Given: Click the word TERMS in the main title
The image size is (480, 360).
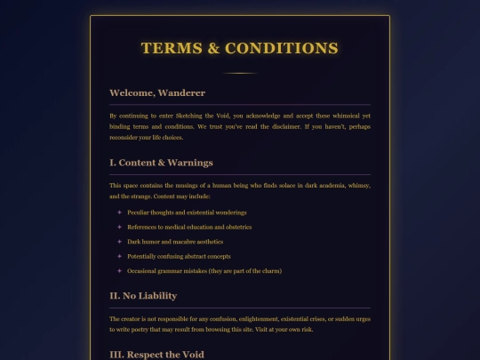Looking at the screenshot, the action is [171, 48].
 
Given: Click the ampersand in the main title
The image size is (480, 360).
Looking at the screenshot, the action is [213, 48].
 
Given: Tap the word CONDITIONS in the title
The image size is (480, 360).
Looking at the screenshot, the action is [281, 48].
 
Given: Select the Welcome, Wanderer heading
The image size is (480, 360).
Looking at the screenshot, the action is [156, 93].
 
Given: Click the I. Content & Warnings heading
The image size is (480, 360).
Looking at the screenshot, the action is [161, 163].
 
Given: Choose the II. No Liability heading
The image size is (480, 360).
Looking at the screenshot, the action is [142, 295].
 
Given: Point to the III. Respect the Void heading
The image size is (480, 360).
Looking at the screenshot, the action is [156, 355].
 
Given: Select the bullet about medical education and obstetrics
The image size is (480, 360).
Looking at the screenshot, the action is [189, 227].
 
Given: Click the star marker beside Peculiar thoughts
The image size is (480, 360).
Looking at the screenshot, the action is [119, 212].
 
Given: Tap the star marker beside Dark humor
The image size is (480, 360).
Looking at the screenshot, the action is [119, 241].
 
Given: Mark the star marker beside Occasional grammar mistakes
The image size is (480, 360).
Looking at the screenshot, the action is [119, 270].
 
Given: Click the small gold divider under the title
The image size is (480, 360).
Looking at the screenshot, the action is [239, 73].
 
